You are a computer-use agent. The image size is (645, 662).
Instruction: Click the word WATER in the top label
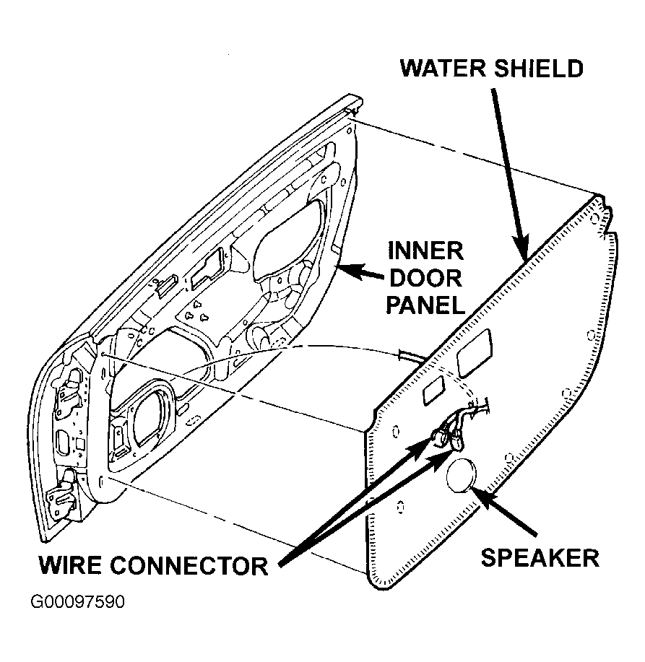[443, 69]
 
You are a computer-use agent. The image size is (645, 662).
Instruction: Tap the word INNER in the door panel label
[425, 251]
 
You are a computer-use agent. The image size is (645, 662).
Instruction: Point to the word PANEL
[425, 305]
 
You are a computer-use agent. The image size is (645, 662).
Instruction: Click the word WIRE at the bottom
[70, 565]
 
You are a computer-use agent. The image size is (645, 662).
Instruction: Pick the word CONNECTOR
[189, 565]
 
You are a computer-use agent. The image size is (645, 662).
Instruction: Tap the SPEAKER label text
[540, 557]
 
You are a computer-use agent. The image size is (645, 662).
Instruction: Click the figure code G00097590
[78, 601]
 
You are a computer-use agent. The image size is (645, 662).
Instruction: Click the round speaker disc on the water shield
[462, 476]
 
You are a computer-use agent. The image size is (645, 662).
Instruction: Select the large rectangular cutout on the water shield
[475, 353]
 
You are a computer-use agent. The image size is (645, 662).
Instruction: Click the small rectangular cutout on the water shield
[433, 390]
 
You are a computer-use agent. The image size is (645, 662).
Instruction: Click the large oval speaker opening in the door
[153, 414]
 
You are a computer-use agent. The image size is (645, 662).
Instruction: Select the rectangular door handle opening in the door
[207, 269]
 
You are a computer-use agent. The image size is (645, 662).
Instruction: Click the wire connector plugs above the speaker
[448, 437]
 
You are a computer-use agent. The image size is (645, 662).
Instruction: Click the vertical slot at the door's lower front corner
[101, 482]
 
